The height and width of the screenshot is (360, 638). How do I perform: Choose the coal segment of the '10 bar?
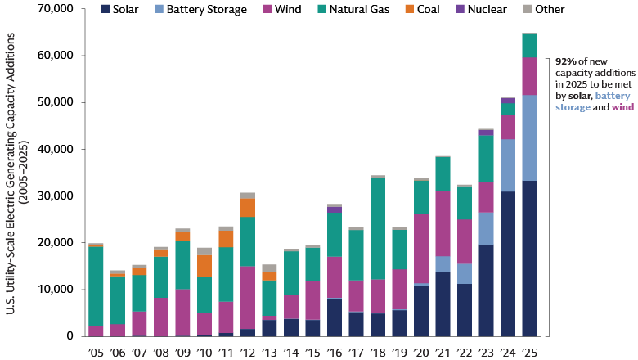(204, 266)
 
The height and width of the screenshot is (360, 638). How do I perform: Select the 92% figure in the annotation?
(564, 61)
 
